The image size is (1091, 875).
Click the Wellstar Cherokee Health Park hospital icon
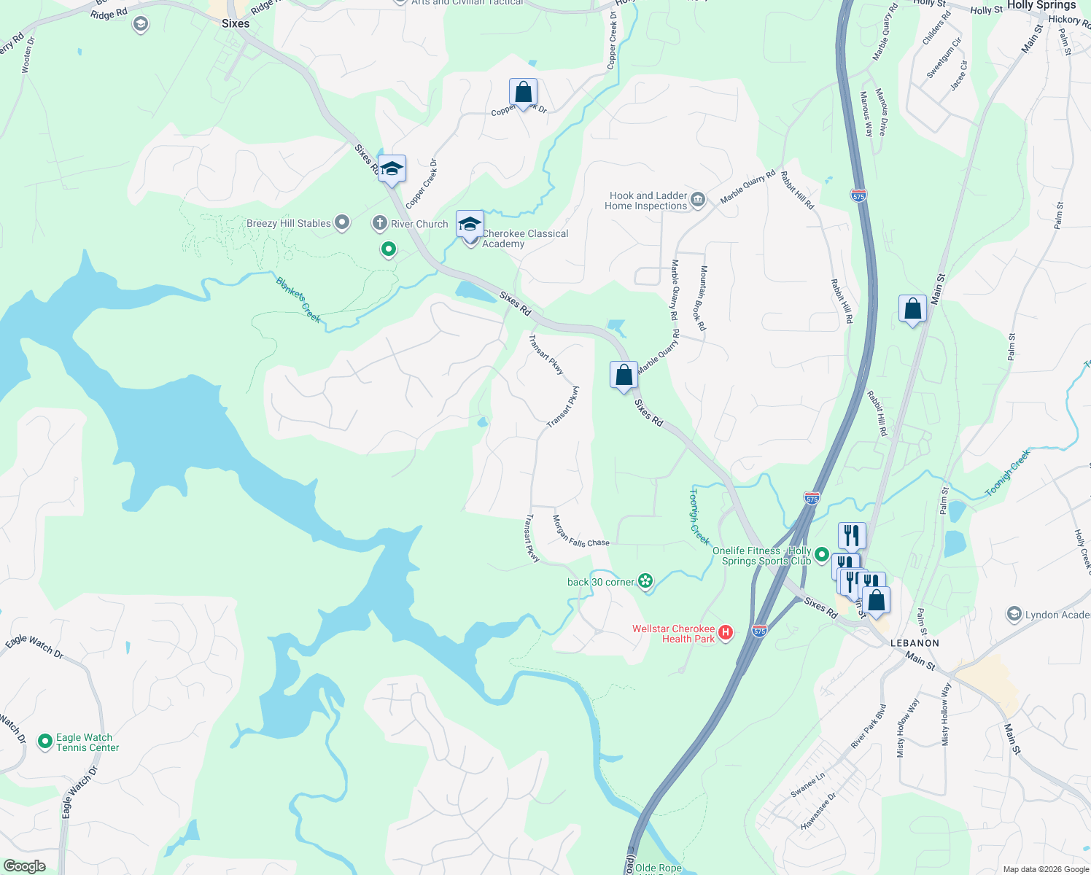pyautogui.click(x=725, y=633)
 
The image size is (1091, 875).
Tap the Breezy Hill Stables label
pyautogui.click(x=289, y=223)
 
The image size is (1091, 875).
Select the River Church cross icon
pyautogui.click(x=379, y=223)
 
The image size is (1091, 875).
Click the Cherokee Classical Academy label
pyautogui.click(x=525, y=238)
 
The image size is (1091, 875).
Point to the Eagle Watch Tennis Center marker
pyautogui.click(x=45, y=742)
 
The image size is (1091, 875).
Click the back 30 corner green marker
pyautogui.click(x=645, y=581)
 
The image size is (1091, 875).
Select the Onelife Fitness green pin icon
pyautogui.click(x=822, y=555)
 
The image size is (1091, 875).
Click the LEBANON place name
pyautogui.click(x=915, y=643)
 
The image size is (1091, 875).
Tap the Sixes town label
pyautogui.click(x=236, y=23)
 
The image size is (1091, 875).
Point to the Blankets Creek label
pyautogui.click(x=298, y=299)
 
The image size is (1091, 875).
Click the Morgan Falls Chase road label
pyautogui.click(x=580, y=532)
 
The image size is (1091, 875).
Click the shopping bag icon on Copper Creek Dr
pyautogui.click(x=523, y=93)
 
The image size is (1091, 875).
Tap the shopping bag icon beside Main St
pyautogui.click(x=912, y=309)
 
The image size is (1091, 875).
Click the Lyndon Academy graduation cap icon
pyautogui.click(x=1014, y=614)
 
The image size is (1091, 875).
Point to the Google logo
pyautogui.click(x=24, y=866)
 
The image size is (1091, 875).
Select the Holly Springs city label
pyautogui.click(x=1041, y=5)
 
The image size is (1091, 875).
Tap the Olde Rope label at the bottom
pyautogui.click(x=659, y=868)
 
